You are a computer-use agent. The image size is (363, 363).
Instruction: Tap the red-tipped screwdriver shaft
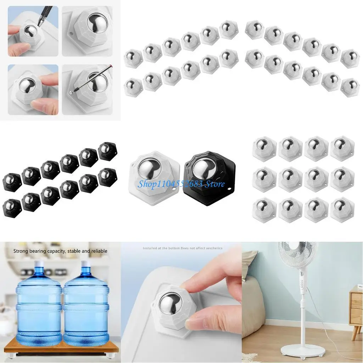pyautogui.click(x=96, y=78)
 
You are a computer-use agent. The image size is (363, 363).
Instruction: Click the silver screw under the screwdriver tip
pyautogui.click(x=72, y=93)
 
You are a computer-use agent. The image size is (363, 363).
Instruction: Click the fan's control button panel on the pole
pyautogui.click(x=301, y=281)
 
